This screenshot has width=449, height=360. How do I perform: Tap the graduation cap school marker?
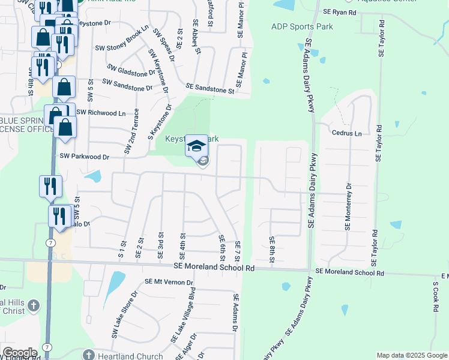tap(196, 146)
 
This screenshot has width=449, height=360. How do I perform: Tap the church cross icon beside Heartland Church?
tap(89, 355)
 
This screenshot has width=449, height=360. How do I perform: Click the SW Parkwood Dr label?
tap(85, 157)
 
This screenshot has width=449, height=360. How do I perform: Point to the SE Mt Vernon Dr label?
tap(169, 282)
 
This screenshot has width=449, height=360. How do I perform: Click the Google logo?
tap(20, 352)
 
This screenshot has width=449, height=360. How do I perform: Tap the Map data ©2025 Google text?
tap(411, 355)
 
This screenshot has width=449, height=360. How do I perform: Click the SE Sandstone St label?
tap(209, 89)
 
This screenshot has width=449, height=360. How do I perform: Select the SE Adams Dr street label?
tap(236, 313)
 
